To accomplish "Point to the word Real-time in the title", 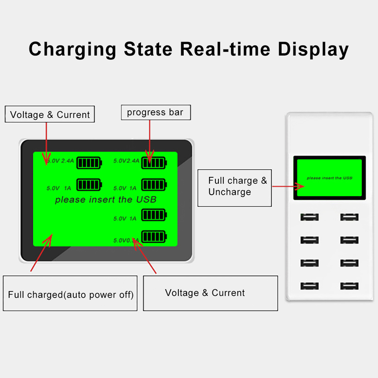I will pyautogui.click(x=225, y=49).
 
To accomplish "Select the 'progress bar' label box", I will pyautogui.click(x=155, y=112).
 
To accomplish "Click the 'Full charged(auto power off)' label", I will pyautogui.click(x=71, y=294).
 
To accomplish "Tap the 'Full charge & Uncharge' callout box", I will pyautogui.click(x=235, y=187).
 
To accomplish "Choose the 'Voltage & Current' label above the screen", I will pyautogui.click(x=50, y=115).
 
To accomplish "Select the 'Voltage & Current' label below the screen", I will pyautogui.click(x=205, y=293).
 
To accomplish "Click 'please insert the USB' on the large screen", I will pyautogui.click(x=106, y=199).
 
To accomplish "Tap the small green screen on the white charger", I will pyautogui.click(x=329, y=178).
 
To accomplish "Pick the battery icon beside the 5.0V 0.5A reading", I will pyautogui.click(x=154, y=237).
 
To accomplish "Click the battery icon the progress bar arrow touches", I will pyautogui.click(x=154, y=163).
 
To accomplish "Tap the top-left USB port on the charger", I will pyautogui.click(x=309, y=217).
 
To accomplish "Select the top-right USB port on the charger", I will pyautogui.click(x=349, y=217).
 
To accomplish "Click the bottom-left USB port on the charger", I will pyautogui.click(x=309, y=286).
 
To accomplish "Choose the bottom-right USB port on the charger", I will pyautogui.click(x=349, y=286).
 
